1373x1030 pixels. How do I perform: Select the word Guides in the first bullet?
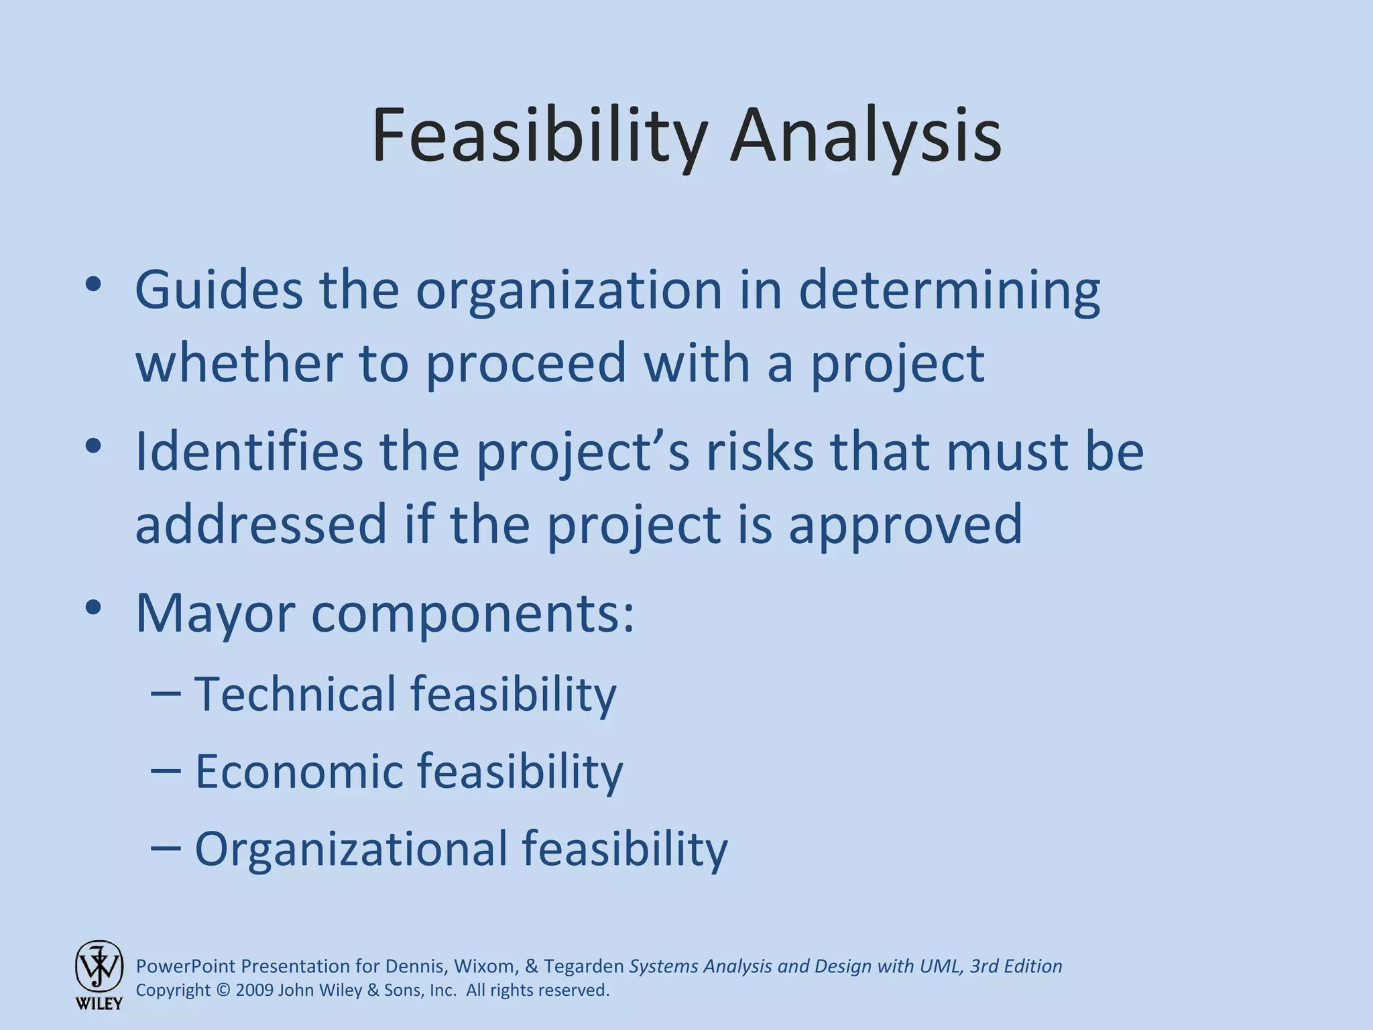point(219,290)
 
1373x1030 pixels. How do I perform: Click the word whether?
point(239,362)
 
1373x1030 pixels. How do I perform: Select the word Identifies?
point(249,451)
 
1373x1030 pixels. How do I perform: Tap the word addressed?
point(261,524)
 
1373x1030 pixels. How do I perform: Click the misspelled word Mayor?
point(215,614)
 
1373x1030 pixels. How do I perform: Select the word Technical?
point(295,693)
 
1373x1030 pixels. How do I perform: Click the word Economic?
point(299,771)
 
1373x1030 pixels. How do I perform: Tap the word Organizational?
point(351,850)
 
